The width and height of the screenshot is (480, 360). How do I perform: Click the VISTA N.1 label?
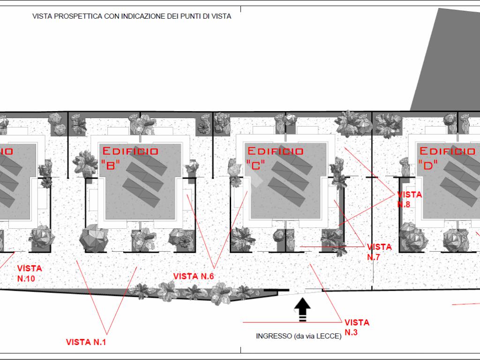coord(86,342)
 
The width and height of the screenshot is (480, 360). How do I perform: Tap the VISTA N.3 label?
coord(357,327)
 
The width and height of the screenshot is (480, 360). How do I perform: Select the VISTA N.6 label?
coord(194,276)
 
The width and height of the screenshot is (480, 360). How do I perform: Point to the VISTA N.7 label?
coord(379,252)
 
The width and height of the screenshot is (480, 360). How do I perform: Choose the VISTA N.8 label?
coord(409,199)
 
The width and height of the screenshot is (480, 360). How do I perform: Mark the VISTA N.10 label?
coord(30,273)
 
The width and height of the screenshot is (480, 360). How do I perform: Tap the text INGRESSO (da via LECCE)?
coord(299,336)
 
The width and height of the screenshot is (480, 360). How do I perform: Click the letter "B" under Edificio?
coord(111,165)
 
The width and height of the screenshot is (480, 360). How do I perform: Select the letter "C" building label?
coord(255,165)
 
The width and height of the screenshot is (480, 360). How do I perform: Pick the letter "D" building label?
coord(427,165)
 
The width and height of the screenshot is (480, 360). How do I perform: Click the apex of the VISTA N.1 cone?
coord(107,334)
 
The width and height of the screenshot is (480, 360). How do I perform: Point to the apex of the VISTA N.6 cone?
coord(214,269)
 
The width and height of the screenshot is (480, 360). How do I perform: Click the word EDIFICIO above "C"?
coord(276,151)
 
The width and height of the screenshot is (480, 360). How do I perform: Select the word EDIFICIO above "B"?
coord(130,151)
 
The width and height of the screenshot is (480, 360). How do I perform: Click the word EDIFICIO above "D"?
coord(447,151)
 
